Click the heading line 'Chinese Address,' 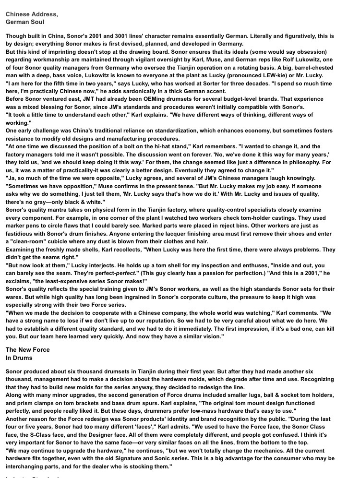coord(32,14)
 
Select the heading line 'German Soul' coord(25,22)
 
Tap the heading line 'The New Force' coord(28,350)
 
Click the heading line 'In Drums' coord(19,358)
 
